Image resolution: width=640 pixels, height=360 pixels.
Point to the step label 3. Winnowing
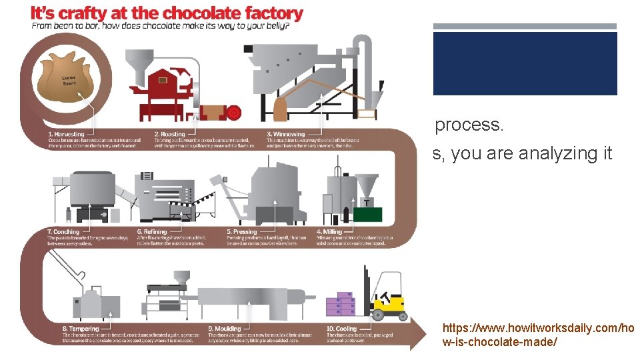coord(285,135)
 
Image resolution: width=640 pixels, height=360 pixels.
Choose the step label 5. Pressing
coord(241,232)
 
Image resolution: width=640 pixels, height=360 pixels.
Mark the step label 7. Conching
coord(63,232)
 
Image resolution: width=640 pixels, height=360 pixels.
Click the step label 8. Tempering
coord(81,329)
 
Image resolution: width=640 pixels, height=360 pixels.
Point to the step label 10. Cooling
coord(341,329)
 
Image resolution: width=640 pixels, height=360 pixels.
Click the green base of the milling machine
coord(367,214)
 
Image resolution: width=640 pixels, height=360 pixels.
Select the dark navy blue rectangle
coord(525,63)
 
